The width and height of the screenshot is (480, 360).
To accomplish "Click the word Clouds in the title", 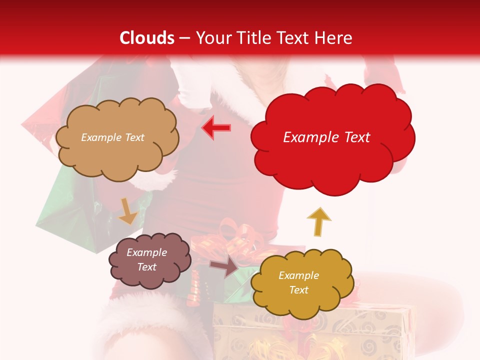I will point(147,38).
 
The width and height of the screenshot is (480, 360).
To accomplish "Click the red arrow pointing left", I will point(216,127).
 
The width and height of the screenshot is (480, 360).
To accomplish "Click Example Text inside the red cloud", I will point(326,137).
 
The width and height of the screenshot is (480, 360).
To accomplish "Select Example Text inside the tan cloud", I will point(112,137).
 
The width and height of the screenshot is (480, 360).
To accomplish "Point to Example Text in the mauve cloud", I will point(146,259).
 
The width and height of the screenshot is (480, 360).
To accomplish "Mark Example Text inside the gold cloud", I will point(298,282).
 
